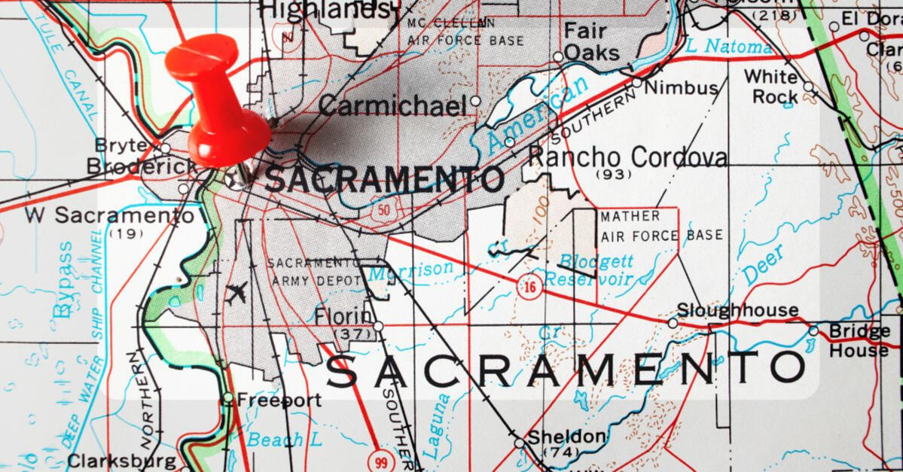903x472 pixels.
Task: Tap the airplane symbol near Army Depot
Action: tap(236, 292)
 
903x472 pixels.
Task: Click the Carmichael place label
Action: tap(392, 105)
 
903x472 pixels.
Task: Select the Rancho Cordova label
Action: tap(627, 157)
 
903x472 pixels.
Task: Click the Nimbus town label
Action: tap(681, 87)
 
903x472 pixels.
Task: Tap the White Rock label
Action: tap(771, 87)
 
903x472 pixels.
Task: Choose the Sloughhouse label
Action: tap(737, 310)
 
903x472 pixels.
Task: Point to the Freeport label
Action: tap(279, 400)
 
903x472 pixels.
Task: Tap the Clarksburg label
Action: tap(121, 460)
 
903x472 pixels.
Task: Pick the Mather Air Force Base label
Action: tap(661, 226)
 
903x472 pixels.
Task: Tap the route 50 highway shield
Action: tap(385, 210)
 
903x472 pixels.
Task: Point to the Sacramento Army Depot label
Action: tap(314, 271)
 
